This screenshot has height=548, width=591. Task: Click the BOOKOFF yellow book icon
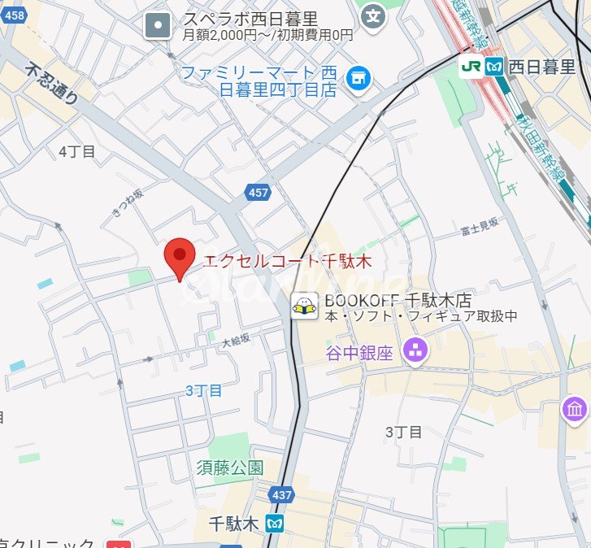point(305,306)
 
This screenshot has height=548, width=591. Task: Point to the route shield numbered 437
point(281,494)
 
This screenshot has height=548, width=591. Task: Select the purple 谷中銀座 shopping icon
point(416,352)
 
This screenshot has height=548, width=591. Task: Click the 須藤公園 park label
point(230,468)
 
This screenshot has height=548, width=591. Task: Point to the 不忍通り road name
point(53,85)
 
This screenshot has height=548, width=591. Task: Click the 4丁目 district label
point(77,151)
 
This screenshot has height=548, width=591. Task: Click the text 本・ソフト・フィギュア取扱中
point(421,316)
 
